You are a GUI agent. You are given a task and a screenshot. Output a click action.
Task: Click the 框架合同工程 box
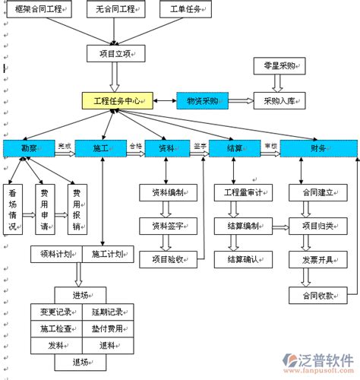(x=39, y=10)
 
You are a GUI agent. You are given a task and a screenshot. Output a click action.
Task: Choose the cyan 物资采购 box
(x=201, y=100)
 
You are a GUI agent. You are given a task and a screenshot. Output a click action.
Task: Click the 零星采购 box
(x=279, y=66)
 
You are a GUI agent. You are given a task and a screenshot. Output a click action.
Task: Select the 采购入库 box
(x=279, y=100)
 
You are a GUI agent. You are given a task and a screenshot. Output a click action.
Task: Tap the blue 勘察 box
(x=30, y=148)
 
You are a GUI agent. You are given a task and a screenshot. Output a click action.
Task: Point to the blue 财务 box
(x=317, y=148)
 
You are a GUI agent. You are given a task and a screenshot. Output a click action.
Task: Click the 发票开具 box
(x=317, y=261)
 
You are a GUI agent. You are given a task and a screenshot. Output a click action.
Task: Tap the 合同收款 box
(x=317, y=295)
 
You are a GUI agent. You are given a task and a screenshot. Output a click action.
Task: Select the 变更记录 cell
(x=55, y=312)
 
